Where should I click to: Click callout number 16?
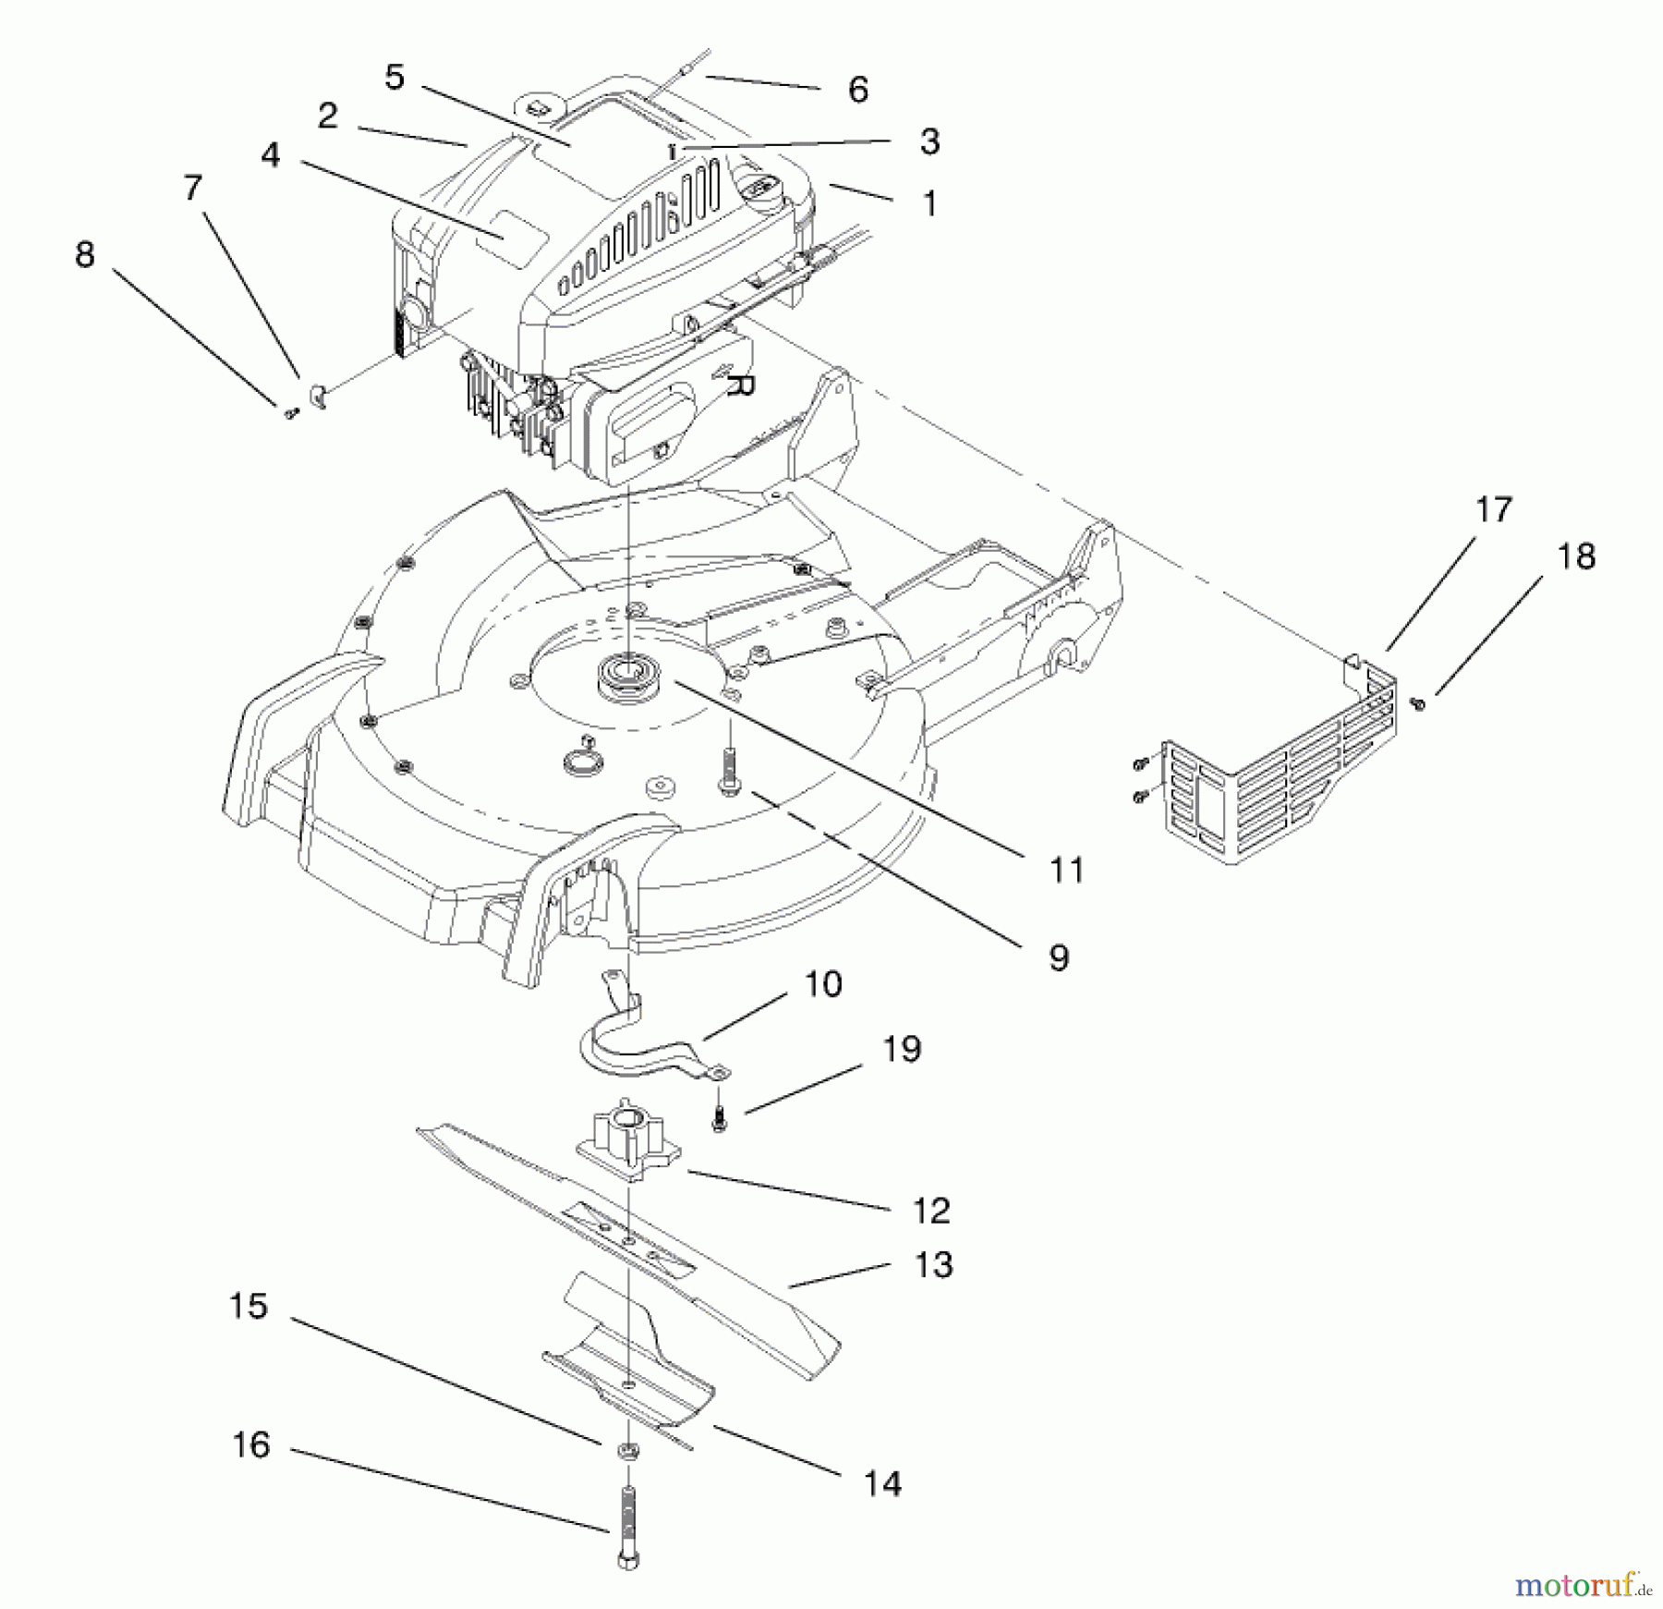tap(250, 1444)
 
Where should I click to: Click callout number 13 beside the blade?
tap(932, 1264)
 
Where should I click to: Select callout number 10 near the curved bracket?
tap(822, 983)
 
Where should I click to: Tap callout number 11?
tap(1066, 870)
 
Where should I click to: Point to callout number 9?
tap(1059, 957)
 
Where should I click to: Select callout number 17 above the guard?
tap(1493, 509)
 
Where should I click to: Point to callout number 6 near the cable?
tap(857, 90)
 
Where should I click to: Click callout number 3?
tap(929, 141)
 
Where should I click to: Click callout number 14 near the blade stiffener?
tap(882, 1483)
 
